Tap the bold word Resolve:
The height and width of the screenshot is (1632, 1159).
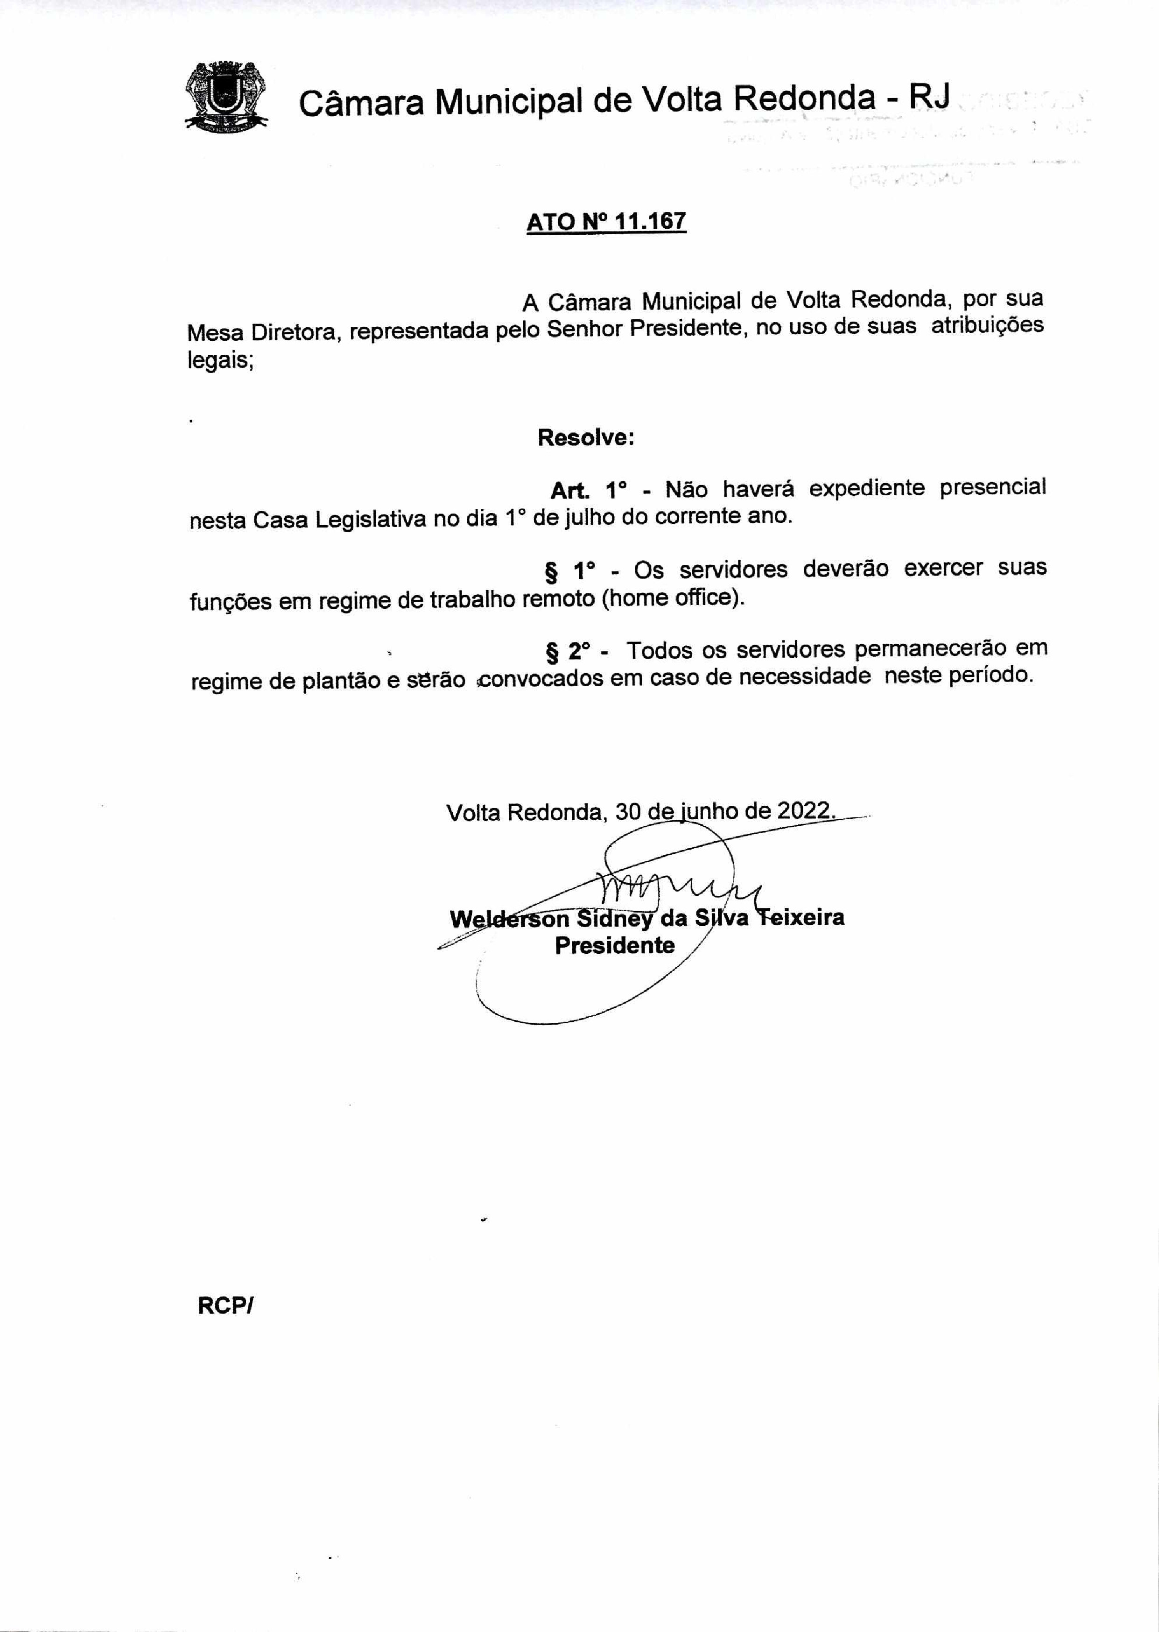(586, 437)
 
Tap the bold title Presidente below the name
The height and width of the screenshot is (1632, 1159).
(614, 945)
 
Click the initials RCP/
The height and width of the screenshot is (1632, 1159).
(225, 1306)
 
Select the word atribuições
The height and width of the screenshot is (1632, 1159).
(987, 326)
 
